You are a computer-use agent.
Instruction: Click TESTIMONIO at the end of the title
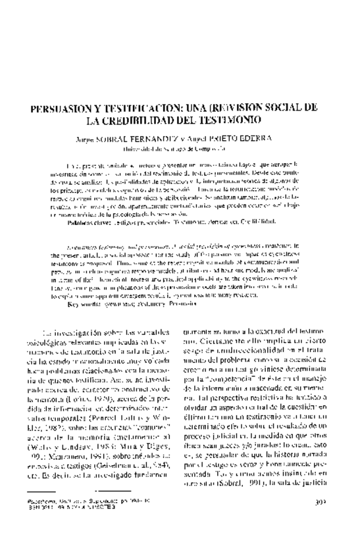[x=247, y=121]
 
